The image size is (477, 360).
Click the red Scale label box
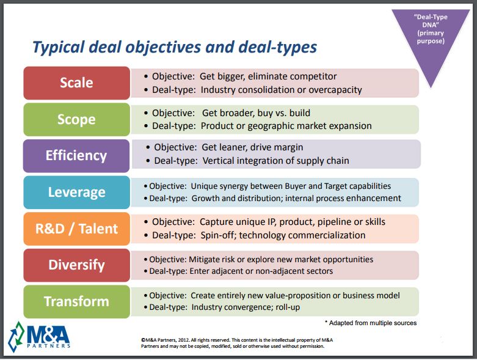click(76, 83)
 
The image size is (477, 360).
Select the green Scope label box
click(76, 119)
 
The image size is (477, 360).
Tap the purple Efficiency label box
click(76, 155)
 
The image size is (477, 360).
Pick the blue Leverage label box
click(76, 192)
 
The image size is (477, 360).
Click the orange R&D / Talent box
click(76, 229)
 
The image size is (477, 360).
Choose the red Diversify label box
click(76, 265)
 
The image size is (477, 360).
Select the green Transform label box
click(76, 301)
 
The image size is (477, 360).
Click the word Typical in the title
click(60, 48)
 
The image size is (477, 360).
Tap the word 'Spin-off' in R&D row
click(218, 235)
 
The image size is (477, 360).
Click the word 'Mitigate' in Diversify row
click(207, 259)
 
